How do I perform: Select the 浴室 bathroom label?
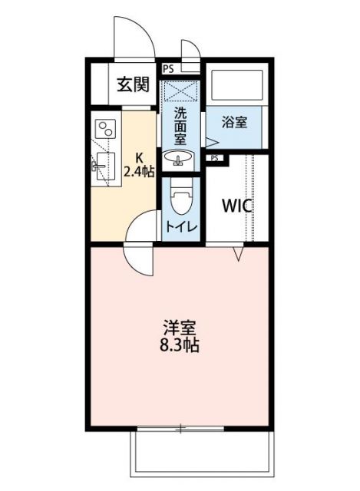click(235, 122)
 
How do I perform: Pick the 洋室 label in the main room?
click(180, 325)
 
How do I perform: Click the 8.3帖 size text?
click(180, 345)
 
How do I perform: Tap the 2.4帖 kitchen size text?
click(138, 172)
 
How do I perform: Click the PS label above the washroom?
click(168, 68)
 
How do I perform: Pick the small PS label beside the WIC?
click(214, 158)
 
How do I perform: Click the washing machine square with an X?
click(181, 92)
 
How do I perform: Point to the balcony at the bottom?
click(201, 452)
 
